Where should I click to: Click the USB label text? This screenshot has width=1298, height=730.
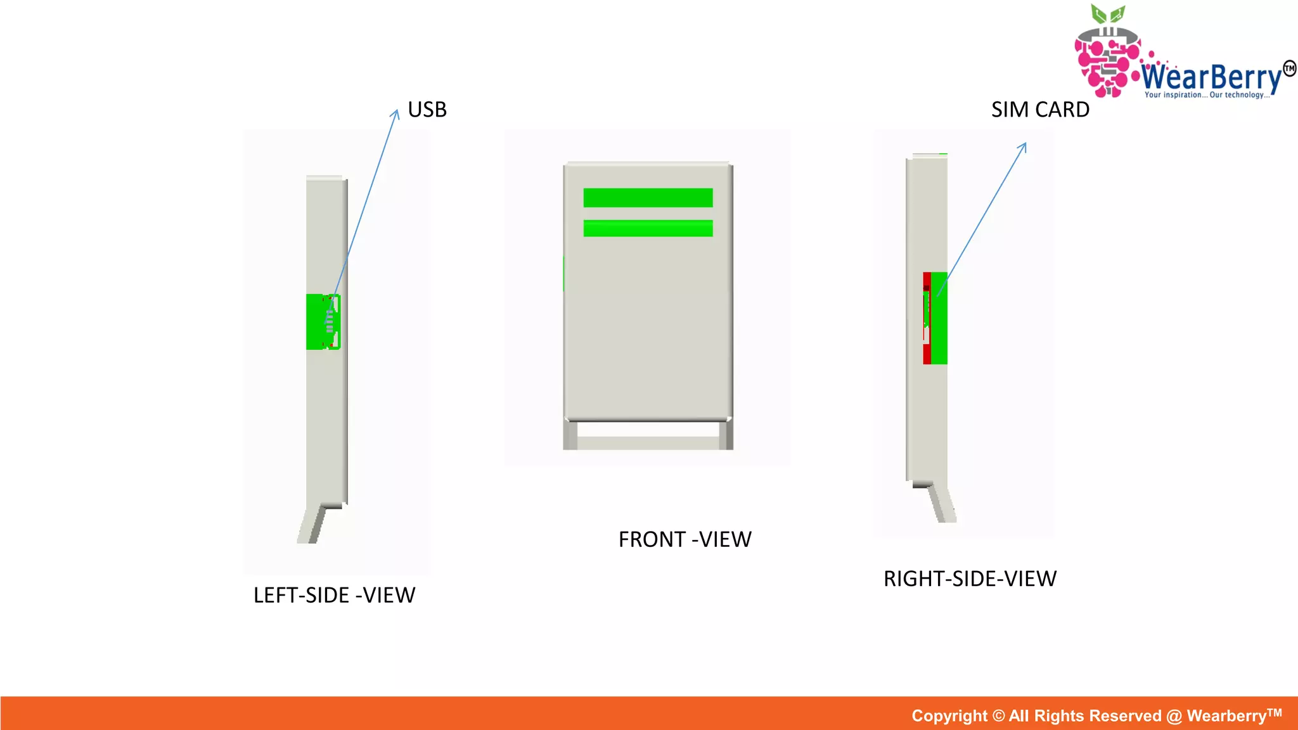click(427, 110)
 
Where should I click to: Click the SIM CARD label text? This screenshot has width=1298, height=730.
click(1040, 110)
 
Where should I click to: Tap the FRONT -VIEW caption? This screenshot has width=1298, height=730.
click(684, 539)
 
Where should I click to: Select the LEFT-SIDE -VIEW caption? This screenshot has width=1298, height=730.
click(334, 595)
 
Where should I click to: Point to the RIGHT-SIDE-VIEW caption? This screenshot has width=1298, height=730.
click(970, 579)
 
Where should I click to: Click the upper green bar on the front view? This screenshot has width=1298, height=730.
click(648, 198)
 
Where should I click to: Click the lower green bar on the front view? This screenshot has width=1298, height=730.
click(648, 228)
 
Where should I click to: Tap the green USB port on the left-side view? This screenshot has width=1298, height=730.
click(317, 322)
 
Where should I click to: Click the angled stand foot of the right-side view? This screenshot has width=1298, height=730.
click(942, 504)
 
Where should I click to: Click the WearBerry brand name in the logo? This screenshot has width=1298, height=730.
click(1211, 77)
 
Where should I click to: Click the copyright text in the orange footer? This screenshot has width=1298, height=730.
click(1096, 715)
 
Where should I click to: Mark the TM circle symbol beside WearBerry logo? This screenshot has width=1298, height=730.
click(1289, 68)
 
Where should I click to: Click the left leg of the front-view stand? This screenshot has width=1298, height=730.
click(570, 435)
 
